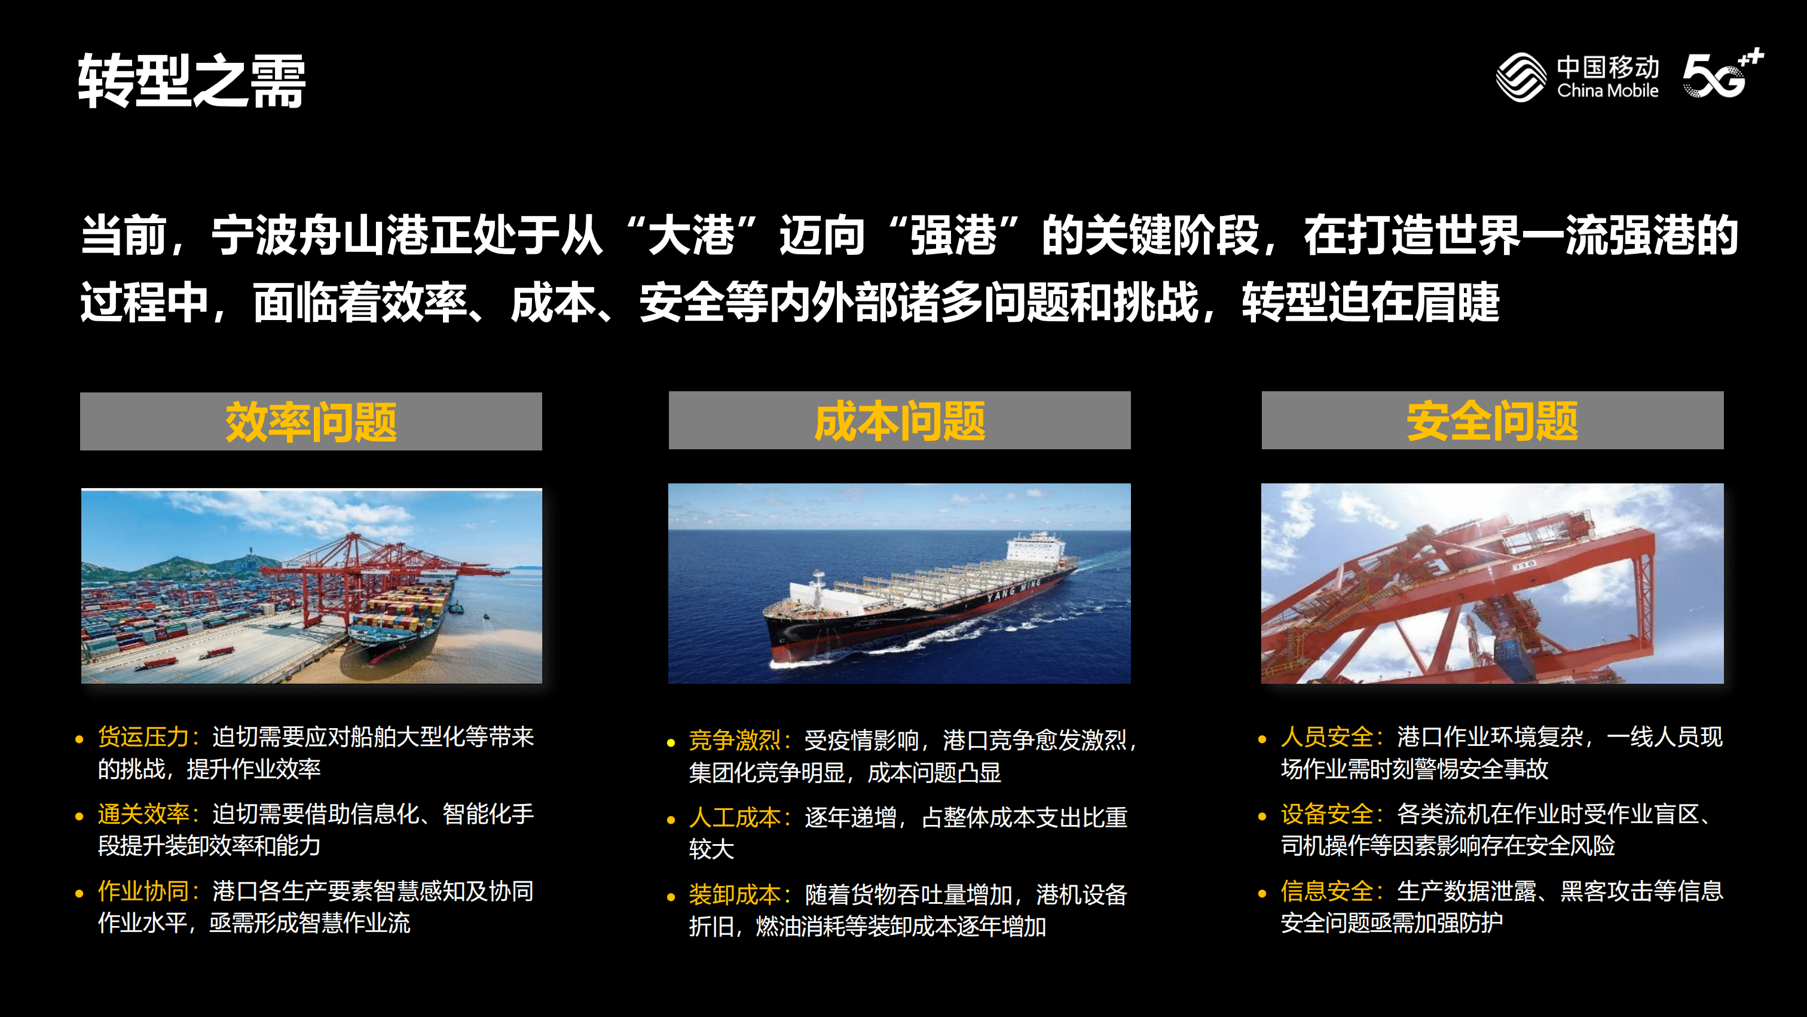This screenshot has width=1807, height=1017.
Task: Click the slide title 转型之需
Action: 191,81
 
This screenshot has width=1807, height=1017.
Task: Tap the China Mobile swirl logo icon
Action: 1520,77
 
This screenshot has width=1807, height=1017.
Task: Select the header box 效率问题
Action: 311,421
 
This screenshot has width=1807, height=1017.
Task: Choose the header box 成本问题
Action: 899,421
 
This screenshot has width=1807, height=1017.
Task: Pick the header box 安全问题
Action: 1492,421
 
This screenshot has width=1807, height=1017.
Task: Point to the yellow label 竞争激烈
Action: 735,740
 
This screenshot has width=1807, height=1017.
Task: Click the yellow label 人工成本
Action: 735,817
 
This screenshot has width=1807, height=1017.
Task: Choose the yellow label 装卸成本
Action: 735,894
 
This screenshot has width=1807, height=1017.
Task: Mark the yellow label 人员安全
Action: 1326,737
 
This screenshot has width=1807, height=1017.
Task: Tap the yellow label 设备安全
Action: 1326,814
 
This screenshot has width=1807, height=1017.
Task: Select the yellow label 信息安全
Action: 1326,891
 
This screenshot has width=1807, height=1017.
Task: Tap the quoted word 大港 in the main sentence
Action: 691,235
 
